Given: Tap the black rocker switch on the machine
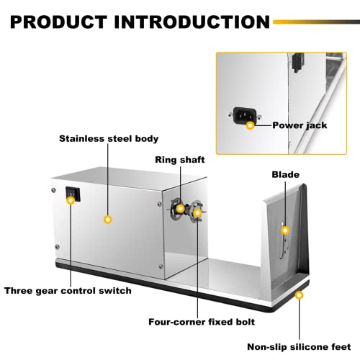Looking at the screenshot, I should (71, 194).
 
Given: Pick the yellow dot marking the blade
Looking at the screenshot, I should (285, 230).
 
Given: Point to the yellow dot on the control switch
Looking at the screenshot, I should (71, 201).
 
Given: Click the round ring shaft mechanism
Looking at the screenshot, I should (189, 210).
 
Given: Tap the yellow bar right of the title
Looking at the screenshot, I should (318, 20).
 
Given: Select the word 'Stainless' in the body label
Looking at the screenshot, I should (78, 138).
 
